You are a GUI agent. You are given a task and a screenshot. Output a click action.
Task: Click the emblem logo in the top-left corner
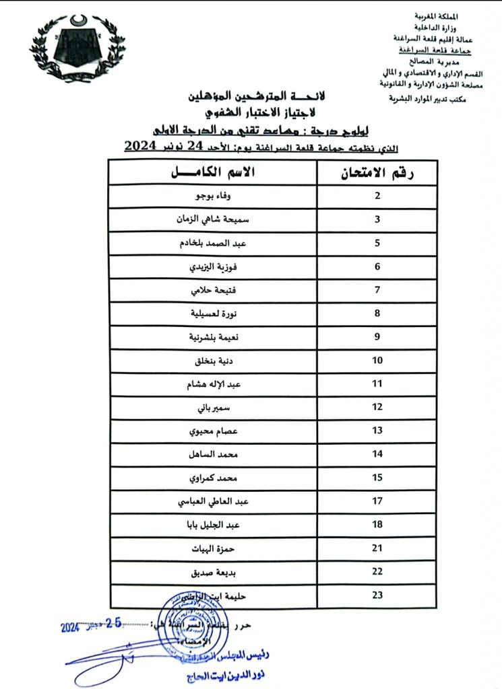click(x=77, y=48)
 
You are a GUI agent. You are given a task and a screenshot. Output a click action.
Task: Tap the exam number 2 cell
click(x=377, y=196)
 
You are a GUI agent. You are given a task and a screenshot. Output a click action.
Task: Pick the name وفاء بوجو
click(x=212, y=196)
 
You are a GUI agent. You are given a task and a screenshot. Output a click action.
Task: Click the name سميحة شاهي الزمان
click(x=212, y=219)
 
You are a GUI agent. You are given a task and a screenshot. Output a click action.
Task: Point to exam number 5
click(x=377, y=243)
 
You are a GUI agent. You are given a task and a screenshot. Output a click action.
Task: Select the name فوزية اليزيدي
click(x=212, y=266)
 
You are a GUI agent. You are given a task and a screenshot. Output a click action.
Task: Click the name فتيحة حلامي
click(x=212, y=290)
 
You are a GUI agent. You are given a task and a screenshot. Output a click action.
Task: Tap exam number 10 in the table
click(x=377, y=361)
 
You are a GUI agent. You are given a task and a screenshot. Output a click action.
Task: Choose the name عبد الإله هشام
click(x=212, y=384)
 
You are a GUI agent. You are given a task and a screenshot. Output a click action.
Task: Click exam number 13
click(x=377, y=431)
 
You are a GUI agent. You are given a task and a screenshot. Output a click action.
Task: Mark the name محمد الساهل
click(x=212, y=454)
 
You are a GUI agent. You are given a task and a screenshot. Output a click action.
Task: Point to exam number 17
click(x=377, y=501)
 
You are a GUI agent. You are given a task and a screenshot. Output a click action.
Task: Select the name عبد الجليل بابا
click(x=212, y=525)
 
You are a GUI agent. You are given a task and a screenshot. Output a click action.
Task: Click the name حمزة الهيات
click(x=212, y=548)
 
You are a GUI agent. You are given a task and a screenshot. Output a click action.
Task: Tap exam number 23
click(x=377, y=595)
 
